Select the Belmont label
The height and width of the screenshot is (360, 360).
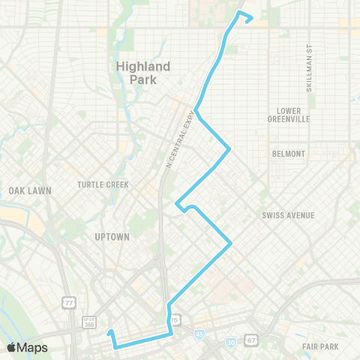point(289,154)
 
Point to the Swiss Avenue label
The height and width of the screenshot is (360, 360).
point(288,215)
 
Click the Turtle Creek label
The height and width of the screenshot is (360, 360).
point(103,184)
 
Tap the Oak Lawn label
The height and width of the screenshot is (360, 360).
point(30,190)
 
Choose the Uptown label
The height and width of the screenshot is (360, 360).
point(112,237)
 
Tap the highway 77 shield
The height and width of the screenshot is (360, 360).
point(69,304)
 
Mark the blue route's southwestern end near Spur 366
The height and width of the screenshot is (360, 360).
point(109,331)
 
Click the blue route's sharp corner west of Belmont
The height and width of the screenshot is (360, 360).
point(229,149)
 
